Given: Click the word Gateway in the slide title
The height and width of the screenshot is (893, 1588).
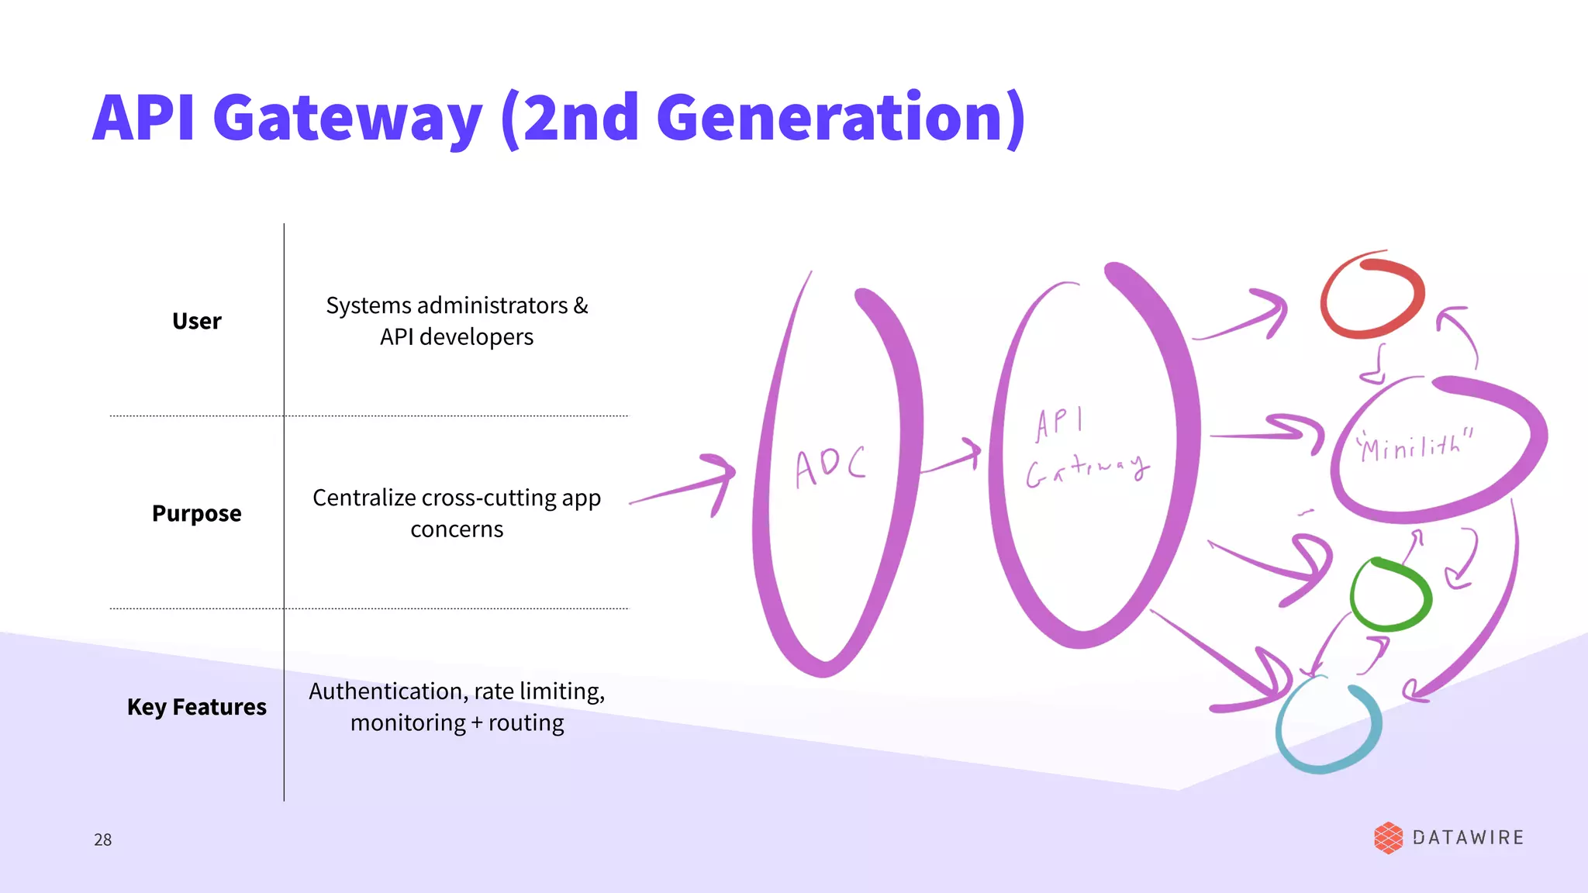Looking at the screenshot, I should click(x=347, y=118).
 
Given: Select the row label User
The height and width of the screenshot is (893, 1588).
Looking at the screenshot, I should click(x=196, y=321).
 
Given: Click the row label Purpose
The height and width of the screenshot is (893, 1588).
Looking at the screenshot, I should click(x=196, y=513).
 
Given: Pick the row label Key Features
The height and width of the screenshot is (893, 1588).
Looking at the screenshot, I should click(x=196, y=707).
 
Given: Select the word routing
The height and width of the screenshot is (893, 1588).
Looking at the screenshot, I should click(x=526, y=722).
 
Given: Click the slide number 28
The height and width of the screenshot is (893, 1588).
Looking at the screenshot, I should click(x=102, y=840).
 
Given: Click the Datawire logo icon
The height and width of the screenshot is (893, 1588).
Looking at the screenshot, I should click(x=1388, y=838).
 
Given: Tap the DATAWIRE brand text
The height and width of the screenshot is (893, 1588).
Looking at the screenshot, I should click(x=1468, y=838).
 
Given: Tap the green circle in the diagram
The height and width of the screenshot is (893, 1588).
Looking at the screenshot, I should click(x=1390, y=595).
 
